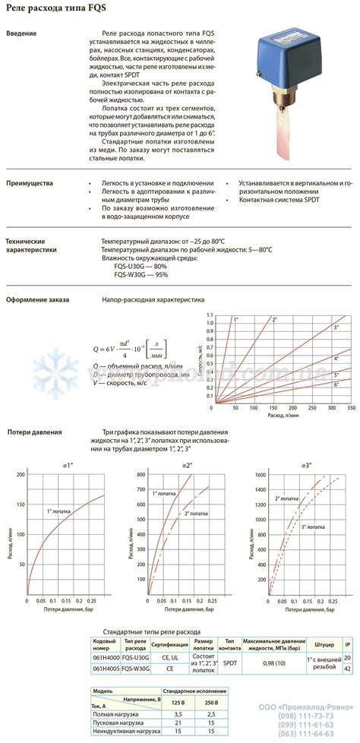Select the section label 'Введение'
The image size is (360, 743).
[22, 34]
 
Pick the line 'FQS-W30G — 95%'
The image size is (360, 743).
[140, 275]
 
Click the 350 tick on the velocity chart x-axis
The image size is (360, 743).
[350, 408]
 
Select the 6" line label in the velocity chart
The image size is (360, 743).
[336, 386]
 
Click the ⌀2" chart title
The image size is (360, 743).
[187, 464]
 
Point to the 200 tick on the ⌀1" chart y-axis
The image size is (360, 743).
[21, 474]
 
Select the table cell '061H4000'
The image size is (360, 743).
[105, 658]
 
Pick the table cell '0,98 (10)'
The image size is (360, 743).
[274, 663]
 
